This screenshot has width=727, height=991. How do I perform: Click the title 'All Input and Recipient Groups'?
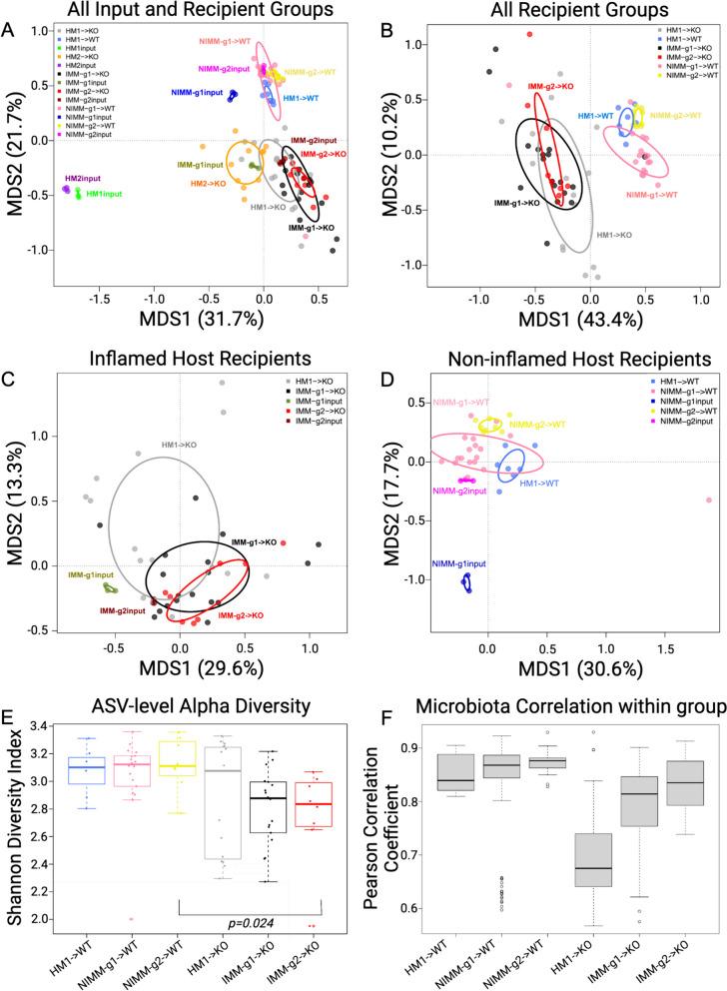194,11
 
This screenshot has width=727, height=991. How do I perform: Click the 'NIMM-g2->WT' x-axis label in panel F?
529,959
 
